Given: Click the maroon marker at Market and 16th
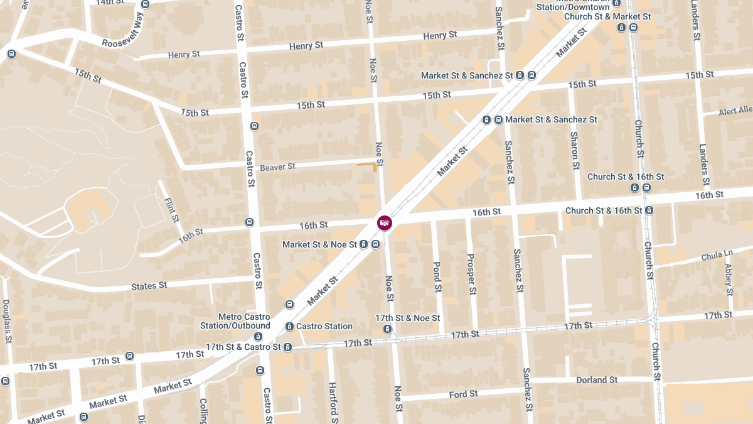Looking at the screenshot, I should pos(385,222).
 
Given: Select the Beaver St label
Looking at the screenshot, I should pos(277,167).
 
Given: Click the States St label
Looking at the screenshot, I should pos(149,286).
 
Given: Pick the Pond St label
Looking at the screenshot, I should pos(437,276).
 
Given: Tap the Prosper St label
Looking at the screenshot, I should pos(471,274).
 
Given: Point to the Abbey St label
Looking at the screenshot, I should pos(729,279).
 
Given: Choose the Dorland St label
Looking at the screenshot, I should pos(597,380).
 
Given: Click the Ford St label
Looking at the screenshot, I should pos(463,394).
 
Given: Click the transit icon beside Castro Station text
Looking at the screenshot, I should pos(289,327).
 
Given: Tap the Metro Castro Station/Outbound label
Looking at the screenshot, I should pos(244,321).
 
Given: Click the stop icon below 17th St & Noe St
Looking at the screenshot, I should pos(387,329).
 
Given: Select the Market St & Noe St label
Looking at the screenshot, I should pos(319,244).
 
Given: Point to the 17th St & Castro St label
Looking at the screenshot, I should pos(243,347).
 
